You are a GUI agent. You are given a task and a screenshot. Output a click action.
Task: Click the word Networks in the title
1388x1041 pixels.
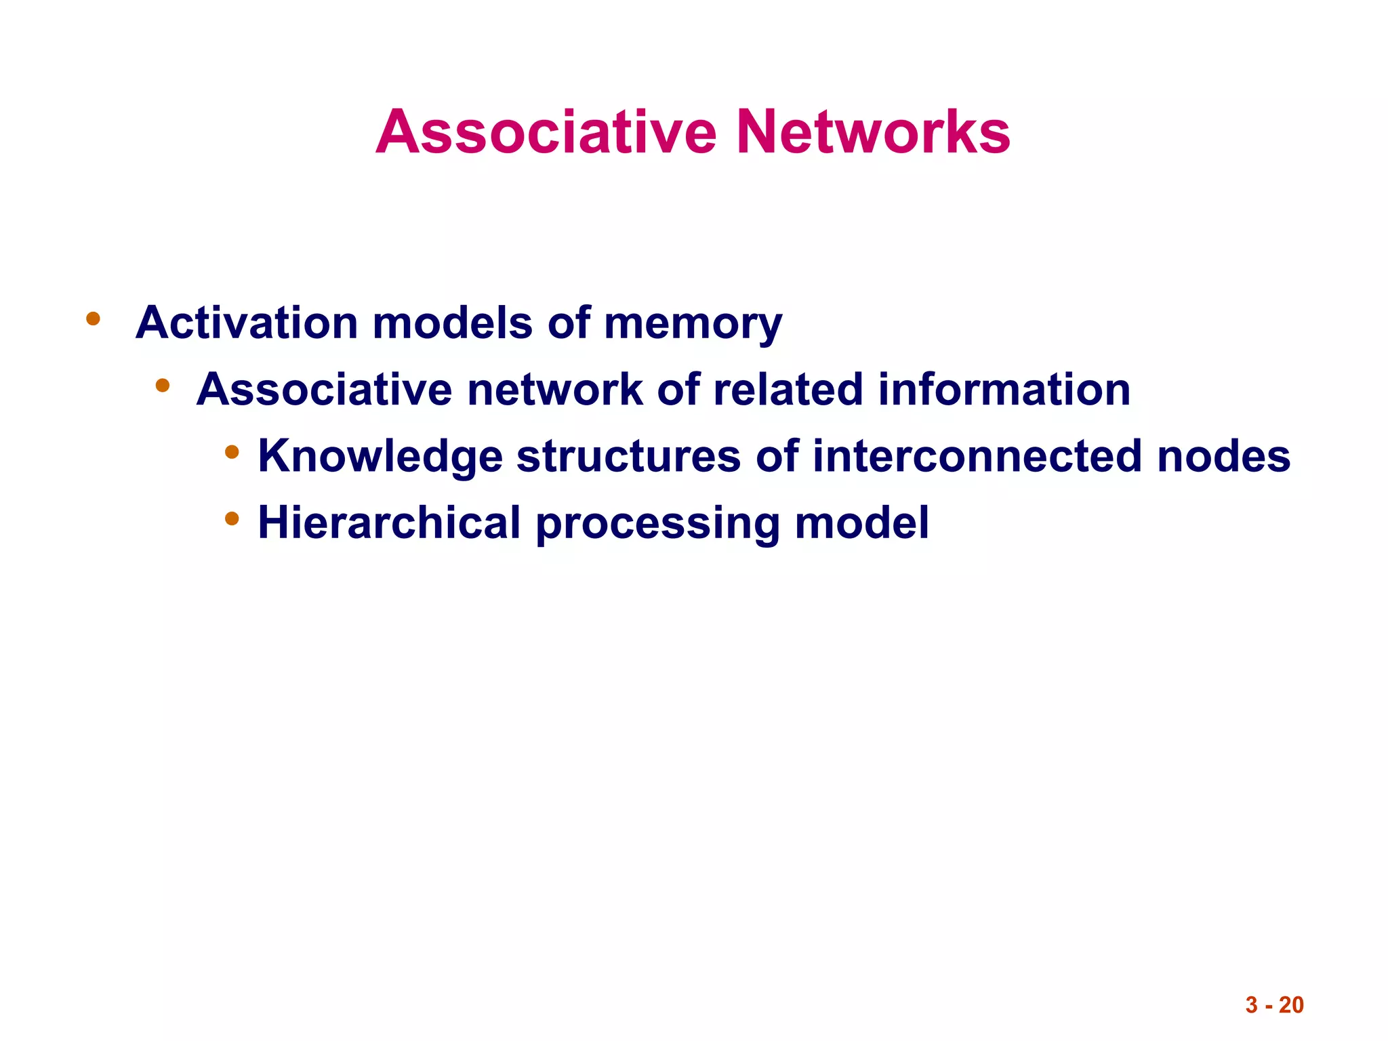873,132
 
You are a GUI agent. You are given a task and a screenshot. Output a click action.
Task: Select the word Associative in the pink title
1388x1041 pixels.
546,132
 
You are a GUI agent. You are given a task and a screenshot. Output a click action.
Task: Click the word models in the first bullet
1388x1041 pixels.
452,323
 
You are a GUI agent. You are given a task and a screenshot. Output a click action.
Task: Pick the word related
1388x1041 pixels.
788,390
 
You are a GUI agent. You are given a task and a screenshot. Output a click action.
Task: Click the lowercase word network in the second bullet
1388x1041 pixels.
555,390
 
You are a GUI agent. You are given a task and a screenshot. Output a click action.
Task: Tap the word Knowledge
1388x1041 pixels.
380,457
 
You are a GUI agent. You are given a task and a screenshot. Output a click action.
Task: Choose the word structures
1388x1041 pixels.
628,457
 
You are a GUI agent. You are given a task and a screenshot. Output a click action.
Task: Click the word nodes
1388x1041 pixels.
1223,457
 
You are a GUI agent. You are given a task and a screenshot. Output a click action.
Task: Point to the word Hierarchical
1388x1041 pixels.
389,523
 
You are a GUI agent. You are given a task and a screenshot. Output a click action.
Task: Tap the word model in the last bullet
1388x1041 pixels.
861,523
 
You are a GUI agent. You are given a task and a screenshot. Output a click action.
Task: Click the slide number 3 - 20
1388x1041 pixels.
1274,1005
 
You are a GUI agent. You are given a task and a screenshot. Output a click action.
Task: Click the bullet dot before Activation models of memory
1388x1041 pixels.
94,318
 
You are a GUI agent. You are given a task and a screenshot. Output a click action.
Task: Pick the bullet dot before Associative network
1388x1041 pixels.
162,386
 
